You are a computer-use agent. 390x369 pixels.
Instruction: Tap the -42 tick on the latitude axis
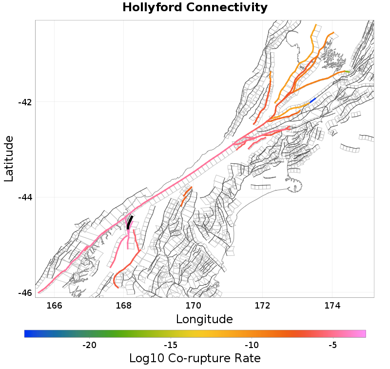click(x=25, y=102)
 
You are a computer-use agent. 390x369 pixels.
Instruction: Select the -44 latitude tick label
click(x=25, y=197)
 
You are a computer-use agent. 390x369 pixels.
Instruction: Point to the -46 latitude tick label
click(x=25, y=293)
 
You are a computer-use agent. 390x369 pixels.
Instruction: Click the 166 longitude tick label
click(x=54, y=306)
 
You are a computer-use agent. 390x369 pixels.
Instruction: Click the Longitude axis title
click(x=204, y=319)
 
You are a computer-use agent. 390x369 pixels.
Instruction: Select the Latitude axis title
click(x=9, y=159)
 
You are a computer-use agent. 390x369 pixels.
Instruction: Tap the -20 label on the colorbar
click(x=89, y=345)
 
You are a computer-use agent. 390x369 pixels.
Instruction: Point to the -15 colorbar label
click(x=170, y=345)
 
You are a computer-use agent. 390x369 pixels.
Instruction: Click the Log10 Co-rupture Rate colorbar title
click(x=195, y=358)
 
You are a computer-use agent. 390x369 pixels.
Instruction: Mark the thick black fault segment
click(x=129, y=222)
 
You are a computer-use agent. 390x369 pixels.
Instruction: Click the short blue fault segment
click(x=312, y=100)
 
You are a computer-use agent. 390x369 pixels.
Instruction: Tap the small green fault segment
click(x=347, y=72)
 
